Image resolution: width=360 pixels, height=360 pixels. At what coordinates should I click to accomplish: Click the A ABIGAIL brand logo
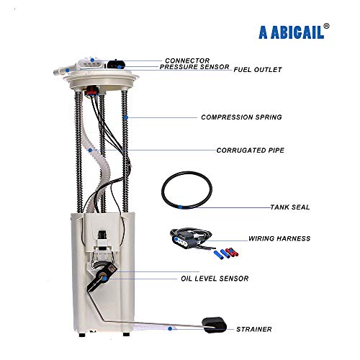tap(291, 32)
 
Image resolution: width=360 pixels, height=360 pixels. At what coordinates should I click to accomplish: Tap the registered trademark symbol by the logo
tap(326, 26)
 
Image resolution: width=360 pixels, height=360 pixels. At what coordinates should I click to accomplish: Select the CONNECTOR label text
tap(187, 60)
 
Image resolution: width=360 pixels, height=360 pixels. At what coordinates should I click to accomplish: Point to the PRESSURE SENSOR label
tap(194, 67)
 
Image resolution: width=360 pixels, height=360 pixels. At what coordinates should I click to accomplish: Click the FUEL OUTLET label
tap(258, 70)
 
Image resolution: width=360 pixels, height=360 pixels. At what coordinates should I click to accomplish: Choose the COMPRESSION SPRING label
tap(241, 117)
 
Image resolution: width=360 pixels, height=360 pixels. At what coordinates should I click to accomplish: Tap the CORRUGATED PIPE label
tap(251, 150)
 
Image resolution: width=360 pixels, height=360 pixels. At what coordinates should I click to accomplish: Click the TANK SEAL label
tap(290, 207)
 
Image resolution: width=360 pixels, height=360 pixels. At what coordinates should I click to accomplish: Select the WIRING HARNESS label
tap(279, 238)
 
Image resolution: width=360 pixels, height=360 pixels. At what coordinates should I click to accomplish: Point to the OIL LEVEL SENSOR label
tap(215, 279)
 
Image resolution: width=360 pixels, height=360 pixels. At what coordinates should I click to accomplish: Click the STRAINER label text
tap(254, 329)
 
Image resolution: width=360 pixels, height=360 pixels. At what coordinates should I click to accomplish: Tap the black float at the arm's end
tap(214, 325)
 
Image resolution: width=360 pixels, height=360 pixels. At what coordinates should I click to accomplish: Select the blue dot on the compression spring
tap(126, 117)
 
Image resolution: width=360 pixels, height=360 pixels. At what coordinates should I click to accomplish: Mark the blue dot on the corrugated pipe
tap(90, 150)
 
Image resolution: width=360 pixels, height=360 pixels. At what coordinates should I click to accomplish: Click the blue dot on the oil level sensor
tap(104, 279)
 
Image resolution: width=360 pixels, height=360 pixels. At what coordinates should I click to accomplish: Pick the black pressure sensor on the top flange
tap(116, 64)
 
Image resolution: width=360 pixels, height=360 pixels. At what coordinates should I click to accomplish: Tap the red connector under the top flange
tap(91, 91)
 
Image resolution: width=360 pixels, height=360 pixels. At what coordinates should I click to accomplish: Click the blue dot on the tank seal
tap(180, 207)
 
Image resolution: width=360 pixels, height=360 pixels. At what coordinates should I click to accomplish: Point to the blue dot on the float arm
tap(170, 328)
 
